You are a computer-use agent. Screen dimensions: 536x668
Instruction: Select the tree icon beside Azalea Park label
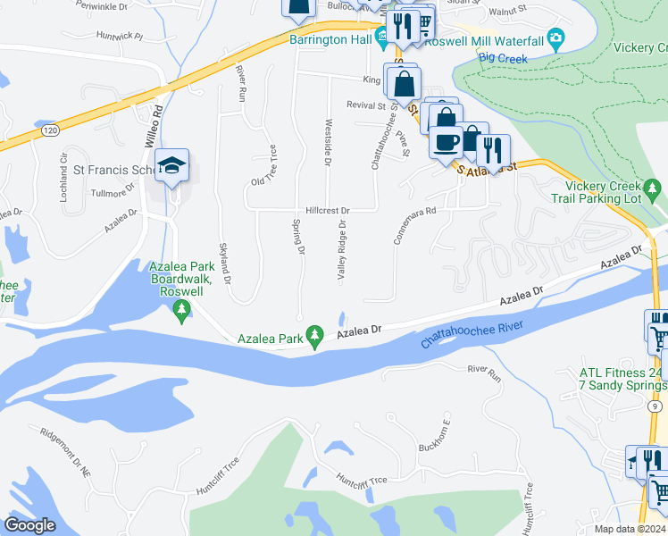coord(314,336)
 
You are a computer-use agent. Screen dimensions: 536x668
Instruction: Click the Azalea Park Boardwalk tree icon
coord(182,310)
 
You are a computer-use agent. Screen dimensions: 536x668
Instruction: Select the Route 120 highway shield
coord(50,130)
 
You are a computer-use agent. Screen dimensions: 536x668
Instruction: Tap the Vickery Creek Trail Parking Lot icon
coord(654,188)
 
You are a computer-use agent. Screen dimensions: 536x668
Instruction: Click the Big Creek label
coord(503,59)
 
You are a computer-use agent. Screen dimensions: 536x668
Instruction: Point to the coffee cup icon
coord(446,140)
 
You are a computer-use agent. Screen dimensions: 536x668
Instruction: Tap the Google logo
coord(30,525)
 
